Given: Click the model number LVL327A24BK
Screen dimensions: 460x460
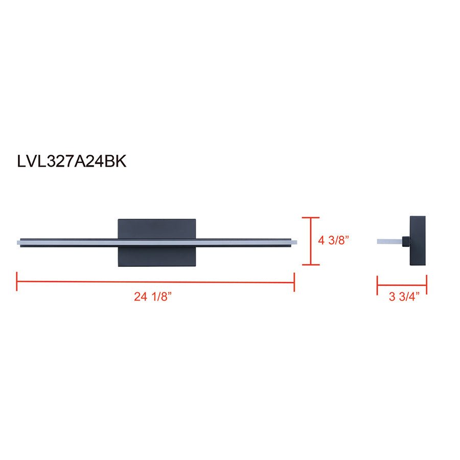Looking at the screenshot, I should [x=72, y=162].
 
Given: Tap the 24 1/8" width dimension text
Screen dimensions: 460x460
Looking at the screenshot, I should [x=152, y=297].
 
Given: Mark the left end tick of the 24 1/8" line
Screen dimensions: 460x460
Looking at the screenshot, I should [x=17, y=282].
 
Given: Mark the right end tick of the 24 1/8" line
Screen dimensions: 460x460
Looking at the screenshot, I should [x=294, y=282].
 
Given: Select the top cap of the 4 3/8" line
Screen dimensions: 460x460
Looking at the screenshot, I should [x=311, y=218].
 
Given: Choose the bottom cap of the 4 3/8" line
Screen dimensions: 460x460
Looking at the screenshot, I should [x=311, y=265].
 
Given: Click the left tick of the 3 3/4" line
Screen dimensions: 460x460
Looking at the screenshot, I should [x=378, y=285].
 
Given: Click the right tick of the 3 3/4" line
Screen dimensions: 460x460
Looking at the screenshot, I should [x=426, y=285].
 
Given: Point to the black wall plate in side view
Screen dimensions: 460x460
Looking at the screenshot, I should [x=418, y=241].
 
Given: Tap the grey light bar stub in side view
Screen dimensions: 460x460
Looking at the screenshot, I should [x=389, y=241].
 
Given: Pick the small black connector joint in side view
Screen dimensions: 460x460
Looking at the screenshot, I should [x=405, y=241].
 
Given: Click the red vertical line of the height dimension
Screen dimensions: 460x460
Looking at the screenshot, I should [x=311, y=241].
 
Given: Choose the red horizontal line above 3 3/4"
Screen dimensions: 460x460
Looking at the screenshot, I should [x=402, y=285].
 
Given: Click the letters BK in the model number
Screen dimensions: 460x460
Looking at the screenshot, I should [x=116, y=162].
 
